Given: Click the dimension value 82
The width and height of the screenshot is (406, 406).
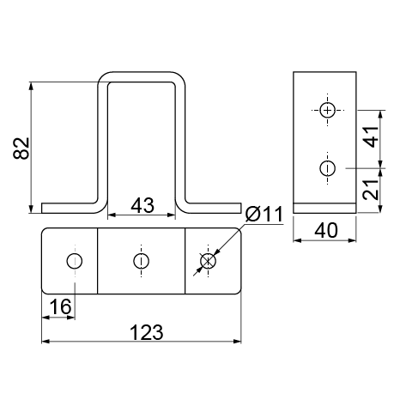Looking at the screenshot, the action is pyautogui.click(x=21, y=148).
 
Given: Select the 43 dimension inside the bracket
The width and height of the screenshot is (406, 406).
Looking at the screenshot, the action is pyautogui.click(x=142, y=205).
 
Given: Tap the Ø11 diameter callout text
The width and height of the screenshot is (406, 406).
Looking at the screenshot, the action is pyautogui.click(x=264, y=214).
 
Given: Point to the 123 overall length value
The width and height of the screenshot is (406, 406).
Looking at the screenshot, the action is pyautogui.click(x=147, y=332).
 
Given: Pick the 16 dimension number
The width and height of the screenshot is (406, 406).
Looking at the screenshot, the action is pyautogui.click(x=60, y=306).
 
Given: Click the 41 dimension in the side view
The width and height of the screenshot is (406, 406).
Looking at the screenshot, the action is pyautogui.click(x=371, y=136).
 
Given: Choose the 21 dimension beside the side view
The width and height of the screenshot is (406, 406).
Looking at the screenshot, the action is pyautogui.click(x=371, y=190).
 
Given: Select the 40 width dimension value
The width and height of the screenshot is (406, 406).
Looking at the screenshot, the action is pyautogui.click(x=326, y=231).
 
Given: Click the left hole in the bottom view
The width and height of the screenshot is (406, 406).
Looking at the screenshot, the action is pyautogui.click(x=75, y=261).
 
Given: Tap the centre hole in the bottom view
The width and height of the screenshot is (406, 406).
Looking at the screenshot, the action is pyautogui.click(x=141, y=261).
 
